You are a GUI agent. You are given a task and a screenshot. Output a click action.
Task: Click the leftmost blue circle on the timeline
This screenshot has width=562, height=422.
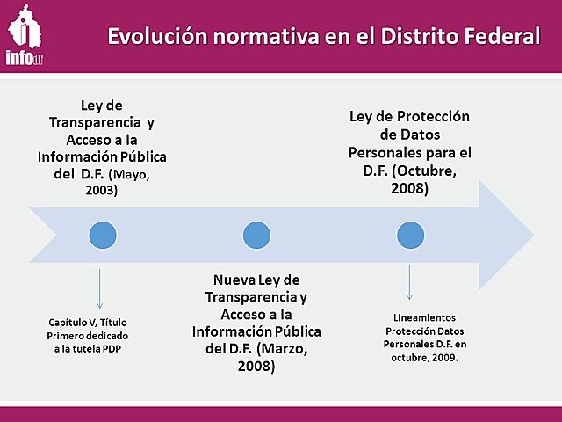[103, 235]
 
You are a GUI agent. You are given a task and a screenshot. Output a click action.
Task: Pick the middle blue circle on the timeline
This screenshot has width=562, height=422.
[255, 235]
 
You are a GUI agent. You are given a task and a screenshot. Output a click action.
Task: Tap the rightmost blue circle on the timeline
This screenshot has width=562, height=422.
[409, 235]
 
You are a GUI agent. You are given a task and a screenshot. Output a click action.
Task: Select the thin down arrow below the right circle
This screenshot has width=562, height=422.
[409, 281]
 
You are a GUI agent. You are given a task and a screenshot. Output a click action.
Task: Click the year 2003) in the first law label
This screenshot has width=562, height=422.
[102, 190]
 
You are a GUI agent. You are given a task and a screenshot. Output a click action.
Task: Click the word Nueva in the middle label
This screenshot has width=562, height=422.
[234, 280]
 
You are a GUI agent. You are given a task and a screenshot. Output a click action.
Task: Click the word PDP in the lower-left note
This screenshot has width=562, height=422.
[128, 348]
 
